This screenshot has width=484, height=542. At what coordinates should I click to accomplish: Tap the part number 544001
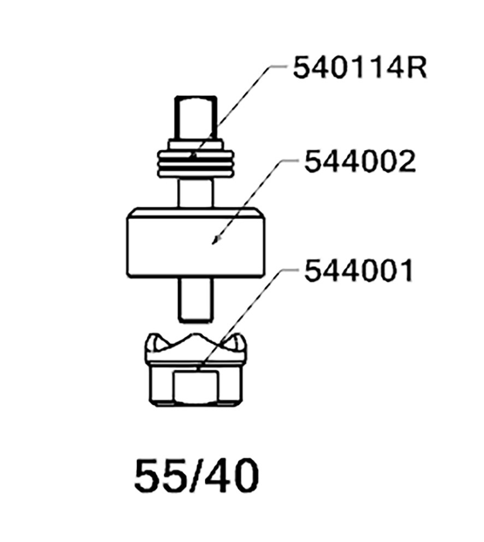(x=358, y=270)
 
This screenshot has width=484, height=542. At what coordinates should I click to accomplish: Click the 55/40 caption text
(x=197, y=476)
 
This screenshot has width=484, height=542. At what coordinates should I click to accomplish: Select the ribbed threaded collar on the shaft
(x=196, y=158)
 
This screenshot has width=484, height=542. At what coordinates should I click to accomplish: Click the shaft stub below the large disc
(x=196, y=300)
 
